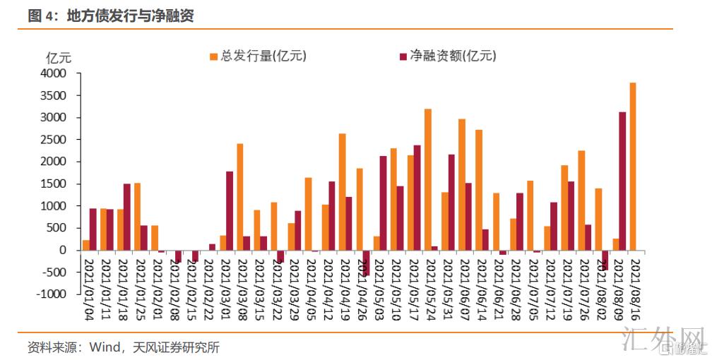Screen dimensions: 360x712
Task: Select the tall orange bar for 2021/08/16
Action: tap(633, 166)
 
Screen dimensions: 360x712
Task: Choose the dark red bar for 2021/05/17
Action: tap(417, 198)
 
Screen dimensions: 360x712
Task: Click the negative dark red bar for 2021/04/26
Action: tap(366, 263)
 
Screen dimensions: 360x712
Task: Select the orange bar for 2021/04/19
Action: tap(342, 191)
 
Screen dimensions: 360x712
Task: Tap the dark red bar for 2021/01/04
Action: tap(93, 229)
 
